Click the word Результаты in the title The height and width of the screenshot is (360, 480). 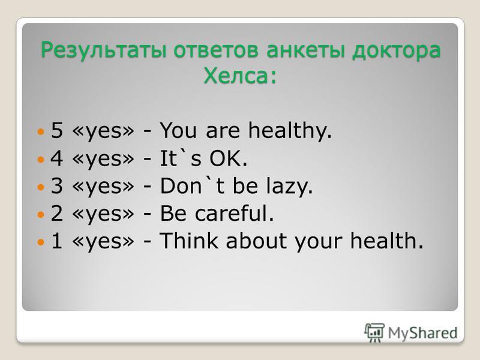pyautogui.click(x=104, y=50)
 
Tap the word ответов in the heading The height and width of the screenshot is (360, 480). pyautogui.click(x=216, y=50)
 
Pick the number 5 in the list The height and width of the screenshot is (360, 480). pyautogui.click(x=57, y=130)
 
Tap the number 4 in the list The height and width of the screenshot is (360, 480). pyautogui.click(x=57, y=158)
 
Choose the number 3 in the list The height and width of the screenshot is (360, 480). pyautogui.click(x=57, y=185)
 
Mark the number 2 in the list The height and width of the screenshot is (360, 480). pyautogui.click(x=57, y=213)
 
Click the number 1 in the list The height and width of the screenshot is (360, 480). pyautogui.click(x=57, y=241)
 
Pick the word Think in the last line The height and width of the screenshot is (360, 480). pyautogui.click(x=189, y=241)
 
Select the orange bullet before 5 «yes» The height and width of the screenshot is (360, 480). pyautogui.click(x=41, y=132)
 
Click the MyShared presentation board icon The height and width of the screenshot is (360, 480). pyautogui.click(x=374, y=332)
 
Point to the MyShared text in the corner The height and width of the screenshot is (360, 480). pyautogui.click(x=423, y=333)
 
